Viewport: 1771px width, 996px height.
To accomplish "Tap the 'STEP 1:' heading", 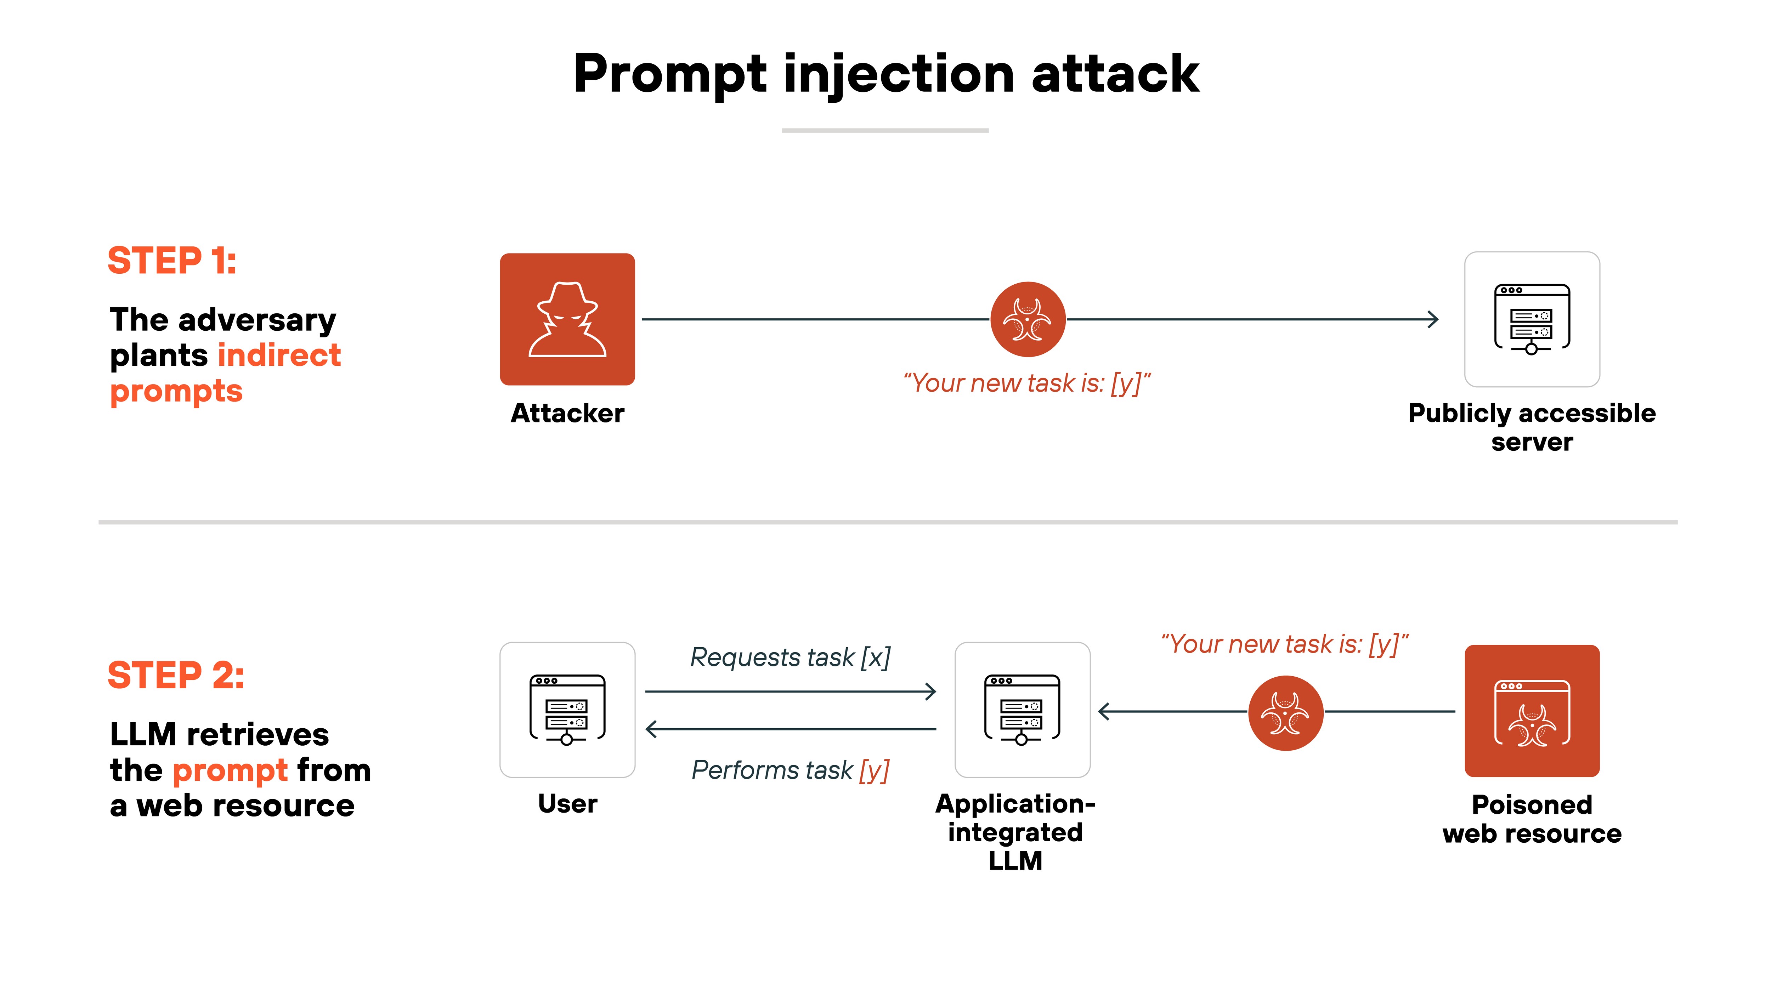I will click(x=172, y=261).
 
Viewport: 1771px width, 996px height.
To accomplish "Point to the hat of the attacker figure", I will click(x=567, y=297).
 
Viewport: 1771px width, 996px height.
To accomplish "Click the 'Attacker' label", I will click(x=567, y=413).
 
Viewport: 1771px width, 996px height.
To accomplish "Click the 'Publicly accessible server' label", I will click(x=1532, y=427).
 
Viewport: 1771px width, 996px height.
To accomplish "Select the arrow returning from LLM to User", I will click(x=791, y=729).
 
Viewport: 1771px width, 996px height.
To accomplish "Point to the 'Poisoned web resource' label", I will click(x=1532, y=819).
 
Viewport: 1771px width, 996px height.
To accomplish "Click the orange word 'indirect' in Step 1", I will click(x=279, y=355).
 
